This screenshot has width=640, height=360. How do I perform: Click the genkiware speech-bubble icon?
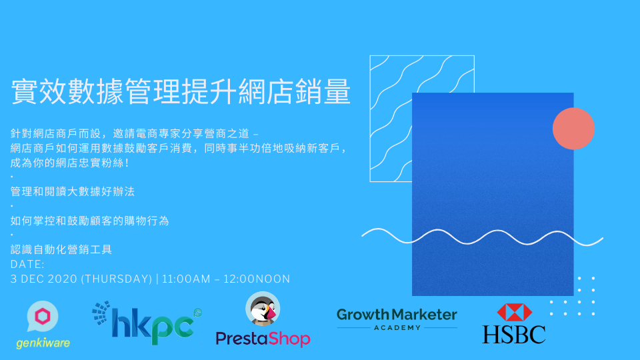click(x=43, y=316)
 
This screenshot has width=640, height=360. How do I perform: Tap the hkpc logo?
click(x=147, y=323)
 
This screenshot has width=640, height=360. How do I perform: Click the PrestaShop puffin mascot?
click(x=263, y=309)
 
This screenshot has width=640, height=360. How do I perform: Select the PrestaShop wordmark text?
click(x=263, y=339)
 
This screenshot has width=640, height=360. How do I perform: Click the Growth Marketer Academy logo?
click(x=397, y=319)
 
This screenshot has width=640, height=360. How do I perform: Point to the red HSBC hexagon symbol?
click(x=514, y=312)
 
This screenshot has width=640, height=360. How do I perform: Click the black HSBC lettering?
click(x=514, y=334)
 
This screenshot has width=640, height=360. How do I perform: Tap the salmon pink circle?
click(x=573, y=129)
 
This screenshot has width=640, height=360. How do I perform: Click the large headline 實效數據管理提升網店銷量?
click(x=181, y=91)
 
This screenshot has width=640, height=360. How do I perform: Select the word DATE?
click(x=27, y=265)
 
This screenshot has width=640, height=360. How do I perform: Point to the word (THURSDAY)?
click(x=117, y=279)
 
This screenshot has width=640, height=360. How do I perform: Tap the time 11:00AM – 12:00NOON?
click(x=226, y=279)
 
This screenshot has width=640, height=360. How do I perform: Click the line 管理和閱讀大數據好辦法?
click(x=72, y=191)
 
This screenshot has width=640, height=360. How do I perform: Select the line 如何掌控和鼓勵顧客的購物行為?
click(x=89, y=221)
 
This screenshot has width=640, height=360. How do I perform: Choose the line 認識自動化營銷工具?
click(x=61, y=249)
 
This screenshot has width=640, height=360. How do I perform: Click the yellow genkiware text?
click(x=43, y=343)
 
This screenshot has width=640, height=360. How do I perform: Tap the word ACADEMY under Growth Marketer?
click(x=397, y=327)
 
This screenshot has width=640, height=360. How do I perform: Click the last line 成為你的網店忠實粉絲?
click(x=70, y=163)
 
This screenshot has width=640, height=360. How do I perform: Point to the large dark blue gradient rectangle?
click(x=493, y=194)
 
